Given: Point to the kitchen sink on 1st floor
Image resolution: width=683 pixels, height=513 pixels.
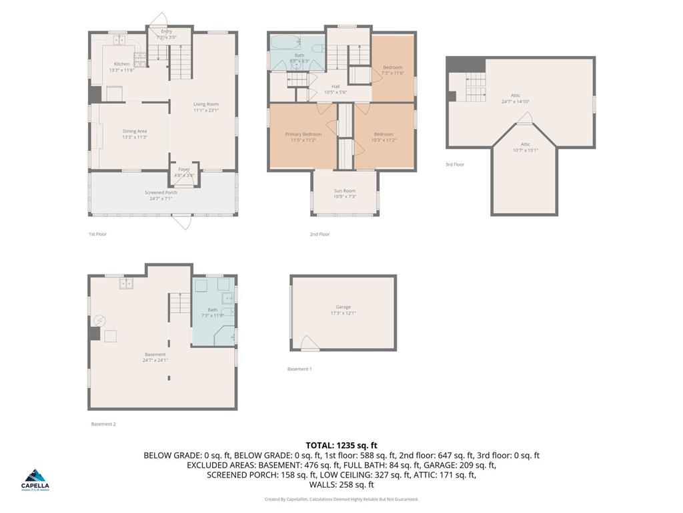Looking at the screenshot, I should pos(121,41).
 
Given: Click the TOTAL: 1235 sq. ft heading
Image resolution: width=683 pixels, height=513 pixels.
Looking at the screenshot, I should pos(341,445).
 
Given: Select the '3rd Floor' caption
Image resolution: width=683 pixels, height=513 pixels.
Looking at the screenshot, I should pos(455,164).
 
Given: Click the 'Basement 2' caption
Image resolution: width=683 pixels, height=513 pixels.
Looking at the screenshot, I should pos(103,423).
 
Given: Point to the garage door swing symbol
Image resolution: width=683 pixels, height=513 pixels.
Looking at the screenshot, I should pos(309,343).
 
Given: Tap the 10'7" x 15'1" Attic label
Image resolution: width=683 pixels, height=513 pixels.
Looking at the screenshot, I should pos(525,147).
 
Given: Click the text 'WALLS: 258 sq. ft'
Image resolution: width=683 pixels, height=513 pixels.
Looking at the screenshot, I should pos(341,485).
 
